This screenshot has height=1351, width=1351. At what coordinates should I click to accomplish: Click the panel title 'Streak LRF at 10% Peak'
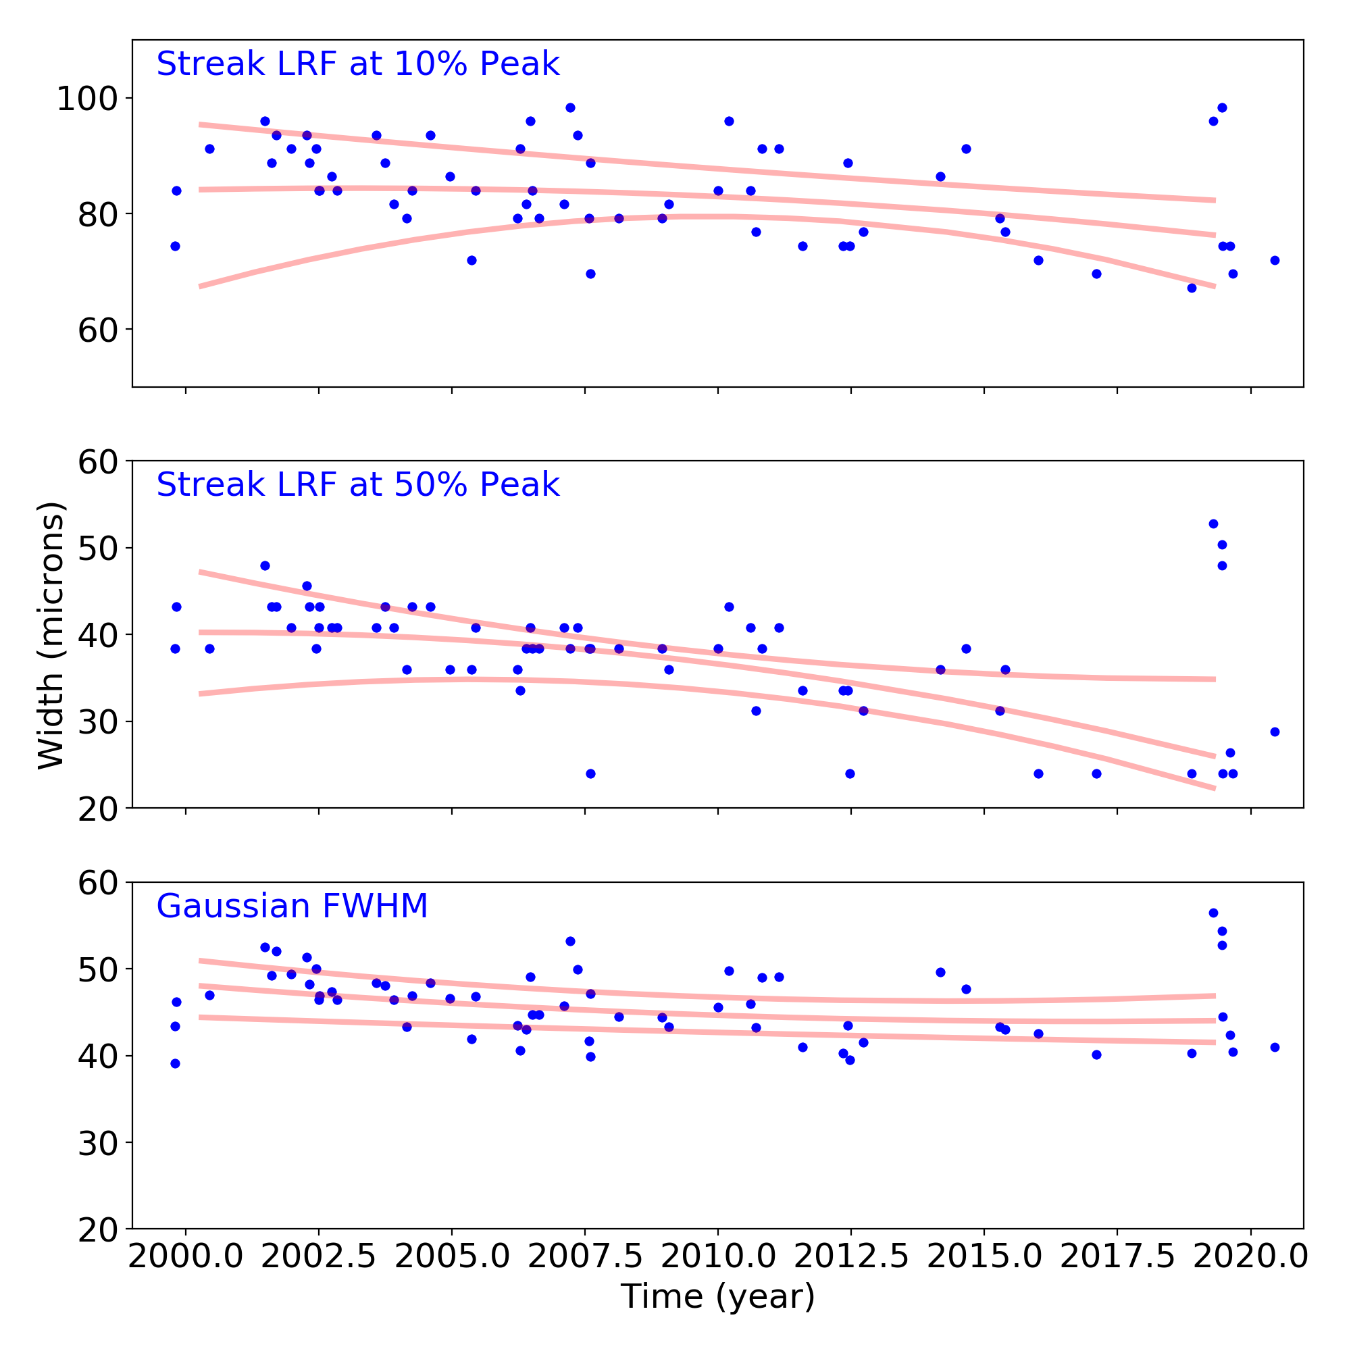pyautogui.click(x=357, y=64)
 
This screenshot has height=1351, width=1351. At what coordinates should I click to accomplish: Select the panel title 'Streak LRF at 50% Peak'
pyautogui.click(x=357, y=485)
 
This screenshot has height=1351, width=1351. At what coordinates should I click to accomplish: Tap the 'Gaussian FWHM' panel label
pyautogui.click(x=292, y=907)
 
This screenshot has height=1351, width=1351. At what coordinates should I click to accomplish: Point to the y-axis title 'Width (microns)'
pyautogui.click(x=51, y=636)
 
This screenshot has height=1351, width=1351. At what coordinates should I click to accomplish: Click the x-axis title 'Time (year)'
pyautogui.click(x=717, y=1296)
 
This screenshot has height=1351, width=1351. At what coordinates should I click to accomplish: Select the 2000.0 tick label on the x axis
pyautogui.click(x=185, y=1256)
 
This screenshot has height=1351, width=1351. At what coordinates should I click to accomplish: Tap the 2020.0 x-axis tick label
pyautogui.click(x=1250, y=1256)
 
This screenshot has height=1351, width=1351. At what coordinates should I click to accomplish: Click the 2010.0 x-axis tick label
pyautogui.click(x=717, y=1256)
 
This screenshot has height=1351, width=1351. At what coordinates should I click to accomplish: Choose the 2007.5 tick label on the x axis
pyautogui.click(x=584, y=1256)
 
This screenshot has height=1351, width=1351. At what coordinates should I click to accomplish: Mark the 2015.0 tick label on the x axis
pyautogui.click(x=984, y=1256)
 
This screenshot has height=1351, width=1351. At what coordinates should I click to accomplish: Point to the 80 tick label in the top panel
pyautogui.click(x=97, y=215)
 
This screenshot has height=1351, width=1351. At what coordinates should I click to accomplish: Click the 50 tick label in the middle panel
pyautogui.click(x=97, y=549)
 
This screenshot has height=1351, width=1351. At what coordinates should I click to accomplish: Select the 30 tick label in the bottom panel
pyautogui.click(x=97, y=1143)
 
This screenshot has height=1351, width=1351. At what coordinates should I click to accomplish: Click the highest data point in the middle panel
pyautogui.click(x=1213, y=524)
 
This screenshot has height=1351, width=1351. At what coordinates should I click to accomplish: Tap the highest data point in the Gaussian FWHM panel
pyautogui.click(x=1213, y=913)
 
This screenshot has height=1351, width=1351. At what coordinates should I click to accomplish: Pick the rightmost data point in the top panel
pyautogui.click(x=1275, y=260)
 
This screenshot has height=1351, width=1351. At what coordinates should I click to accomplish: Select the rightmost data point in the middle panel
pyautogui.click(x=1275, y=732)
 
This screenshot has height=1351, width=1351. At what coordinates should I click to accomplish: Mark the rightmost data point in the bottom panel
pyautogui.click(x=1275, y=1048)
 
